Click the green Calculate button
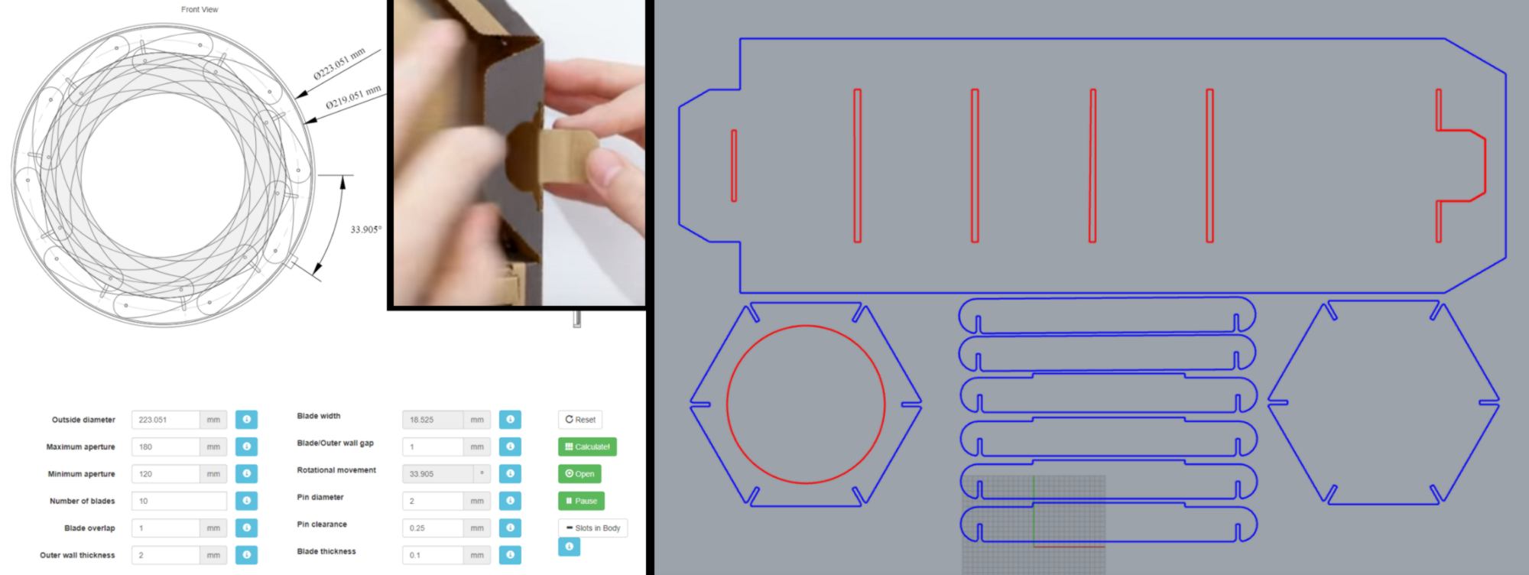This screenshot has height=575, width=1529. click(587, 447)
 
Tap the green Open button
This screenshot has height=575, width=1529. click(579, 474)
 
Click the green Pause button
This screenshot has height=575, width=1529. click(581, 501)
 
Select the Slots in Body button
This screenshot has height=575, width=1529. click(592, 528)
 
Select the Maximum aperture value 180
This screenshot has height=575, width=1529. click(165, 447)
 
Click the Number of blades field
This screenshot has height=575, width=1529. click(179, 501)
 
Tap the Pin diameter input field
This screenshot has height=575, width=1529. click(433, 501)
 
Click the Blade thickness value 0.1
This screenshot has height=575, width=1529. click(433, 555)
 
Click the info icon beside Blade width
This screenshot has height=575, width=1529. click(510, 420)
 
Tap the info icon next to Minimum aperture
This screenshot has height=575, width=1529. click(246, 474)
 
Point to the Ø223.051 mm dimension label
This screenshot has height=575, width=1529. click(339, 63)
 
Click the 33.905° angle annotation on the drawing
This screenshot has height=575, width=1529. click(366, 229)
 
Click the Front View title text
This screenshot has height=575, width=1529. click(200, 9)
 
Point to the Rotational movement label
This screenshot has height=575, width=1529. click(336, 470)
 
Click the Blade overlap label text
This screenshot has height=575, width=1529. click(89, 528)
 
